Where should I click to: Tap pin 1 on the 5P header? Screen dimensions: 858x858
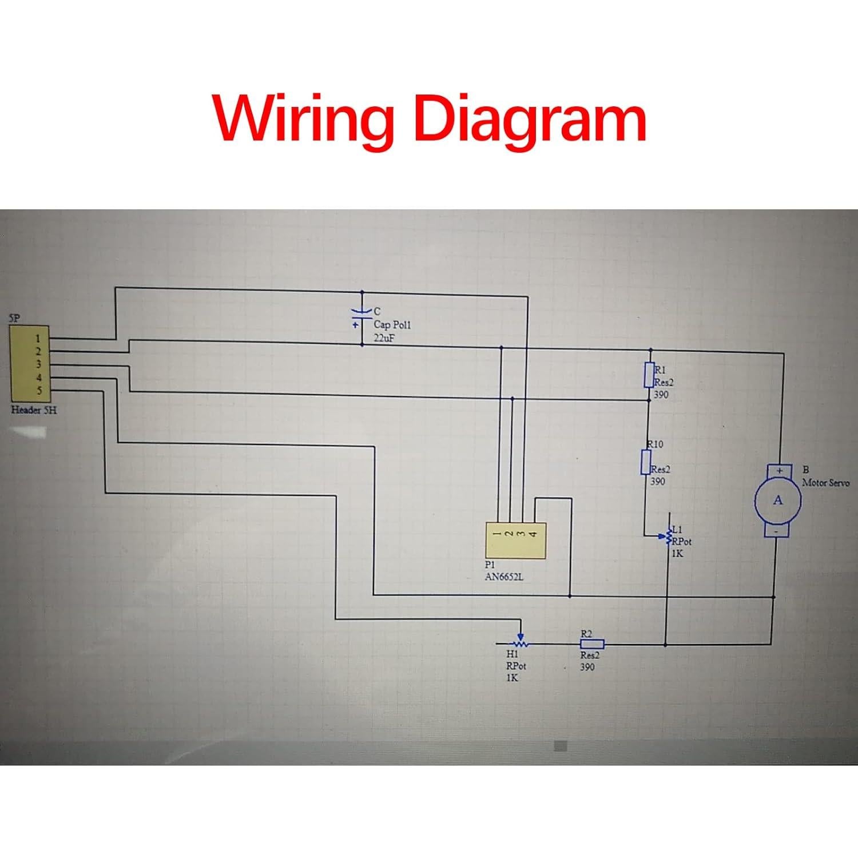38,339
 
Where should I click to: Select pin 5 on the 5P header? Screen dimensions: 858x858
38,391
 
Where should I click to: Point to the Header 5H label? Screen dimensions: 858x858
34,410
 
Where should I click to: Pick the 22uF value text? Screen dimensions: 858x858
384,338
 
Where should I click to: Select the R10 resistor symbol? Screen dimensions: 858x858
646,462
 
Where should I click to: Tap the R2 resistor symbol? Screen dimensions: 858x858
592,644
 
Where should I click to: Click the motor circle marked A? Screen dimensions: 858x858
778,500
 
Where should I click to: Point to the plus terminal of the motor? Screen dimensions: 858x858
778,470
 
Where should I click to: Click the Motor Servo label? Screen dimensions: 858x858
825,483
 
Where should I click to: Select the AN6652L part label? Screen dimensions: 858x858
504,577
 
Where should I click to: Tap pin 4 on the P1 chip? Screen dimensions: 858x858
533,534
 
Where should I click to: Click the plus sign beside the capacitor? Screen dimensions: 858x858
356,324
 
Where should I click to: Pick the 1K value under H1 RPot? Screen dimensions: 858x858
511,678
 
